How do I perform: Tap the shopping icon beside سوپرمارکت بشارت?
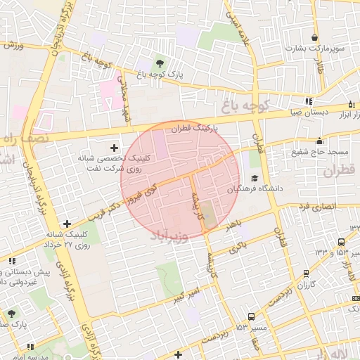(314, 38)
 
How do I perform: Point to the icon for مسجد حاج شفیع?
(320, 140)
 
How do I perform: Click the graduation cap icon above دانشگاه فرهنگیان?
(254, 178)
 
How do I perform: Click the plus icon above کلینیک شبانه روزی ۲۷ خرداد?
(67, 222)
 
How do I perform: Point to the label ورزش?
(13, 46)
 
